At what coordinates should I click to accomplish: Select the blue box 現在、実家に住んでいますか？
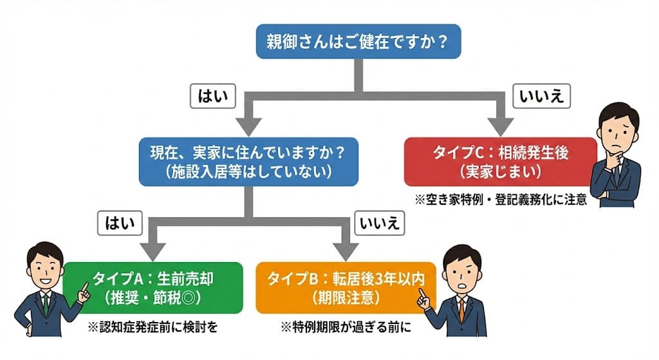click(248, 163)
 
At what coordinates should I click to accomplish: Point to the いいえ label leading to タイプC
click(541, 97)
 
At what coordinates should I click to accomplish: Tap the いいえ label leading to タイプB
click(379, 223)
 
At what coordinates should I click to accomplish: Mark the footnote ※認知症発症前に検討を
click(153, 327)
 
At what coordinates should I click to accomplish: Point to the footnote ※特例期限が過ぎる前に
click(346, 327)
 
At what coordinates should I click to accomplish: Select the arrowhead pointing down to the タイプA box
click(153, 249)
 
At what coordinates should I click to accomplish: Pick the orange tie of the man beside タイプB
click(461, 309)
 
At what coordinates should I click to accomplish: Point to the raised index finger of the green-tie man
click(84, 286)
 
